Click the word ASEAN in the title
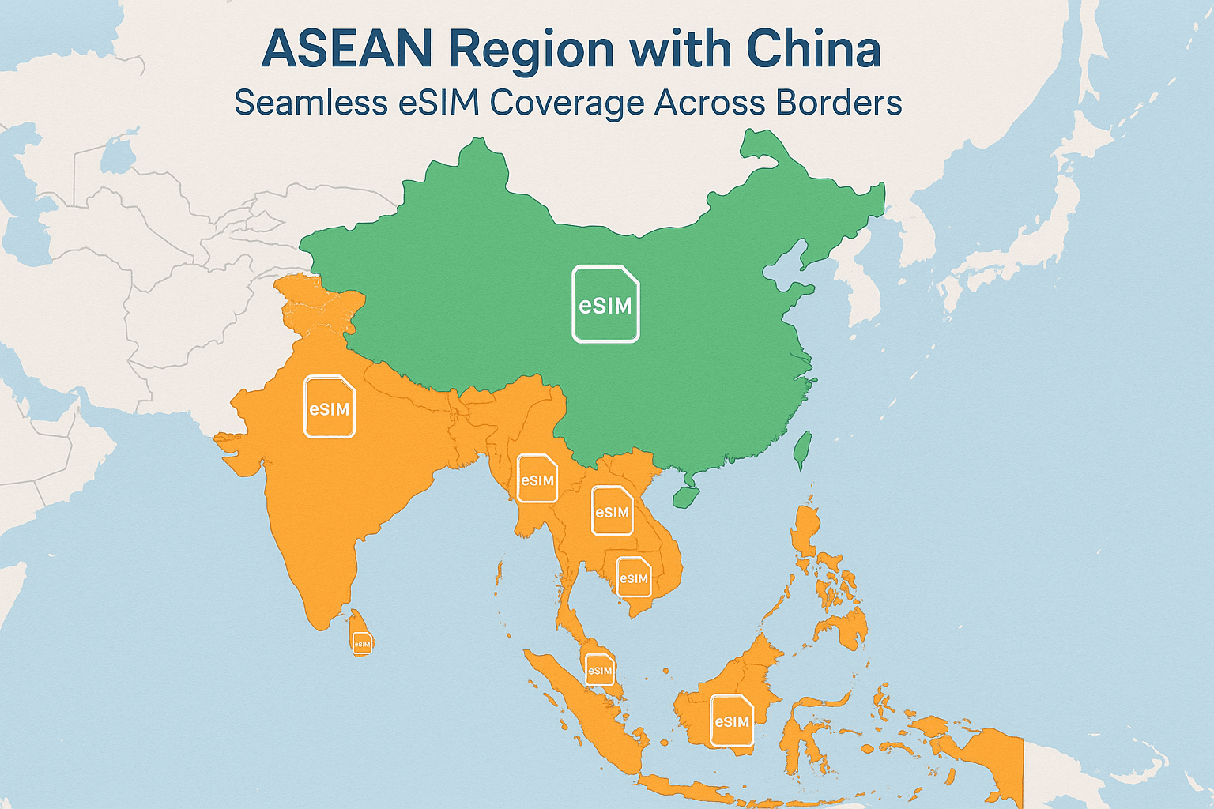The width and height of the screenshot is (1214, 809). pos(347,49)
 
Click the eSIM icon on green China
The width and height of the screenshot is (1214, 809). pos(605,304)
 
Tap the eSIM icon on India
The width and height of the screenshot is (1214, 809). pos(330,407)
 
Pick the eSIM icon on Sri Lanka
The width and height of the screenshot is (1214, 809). pos(362,643)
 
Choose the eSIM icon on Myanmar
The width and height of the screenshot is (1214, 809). pos(537,479)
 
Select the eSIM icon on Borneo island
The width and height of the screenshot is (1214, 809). pos(732,721)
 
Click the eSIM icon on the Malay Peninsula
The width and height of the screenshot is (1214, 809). pos(600,670)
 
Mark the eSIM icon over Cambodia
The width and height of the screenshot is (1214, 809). pos(633,578)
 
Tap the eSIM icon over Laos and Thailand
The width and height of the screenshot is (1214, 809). pos(612,511)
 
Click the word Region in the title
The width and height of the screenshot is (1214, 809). pos(531,49)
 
